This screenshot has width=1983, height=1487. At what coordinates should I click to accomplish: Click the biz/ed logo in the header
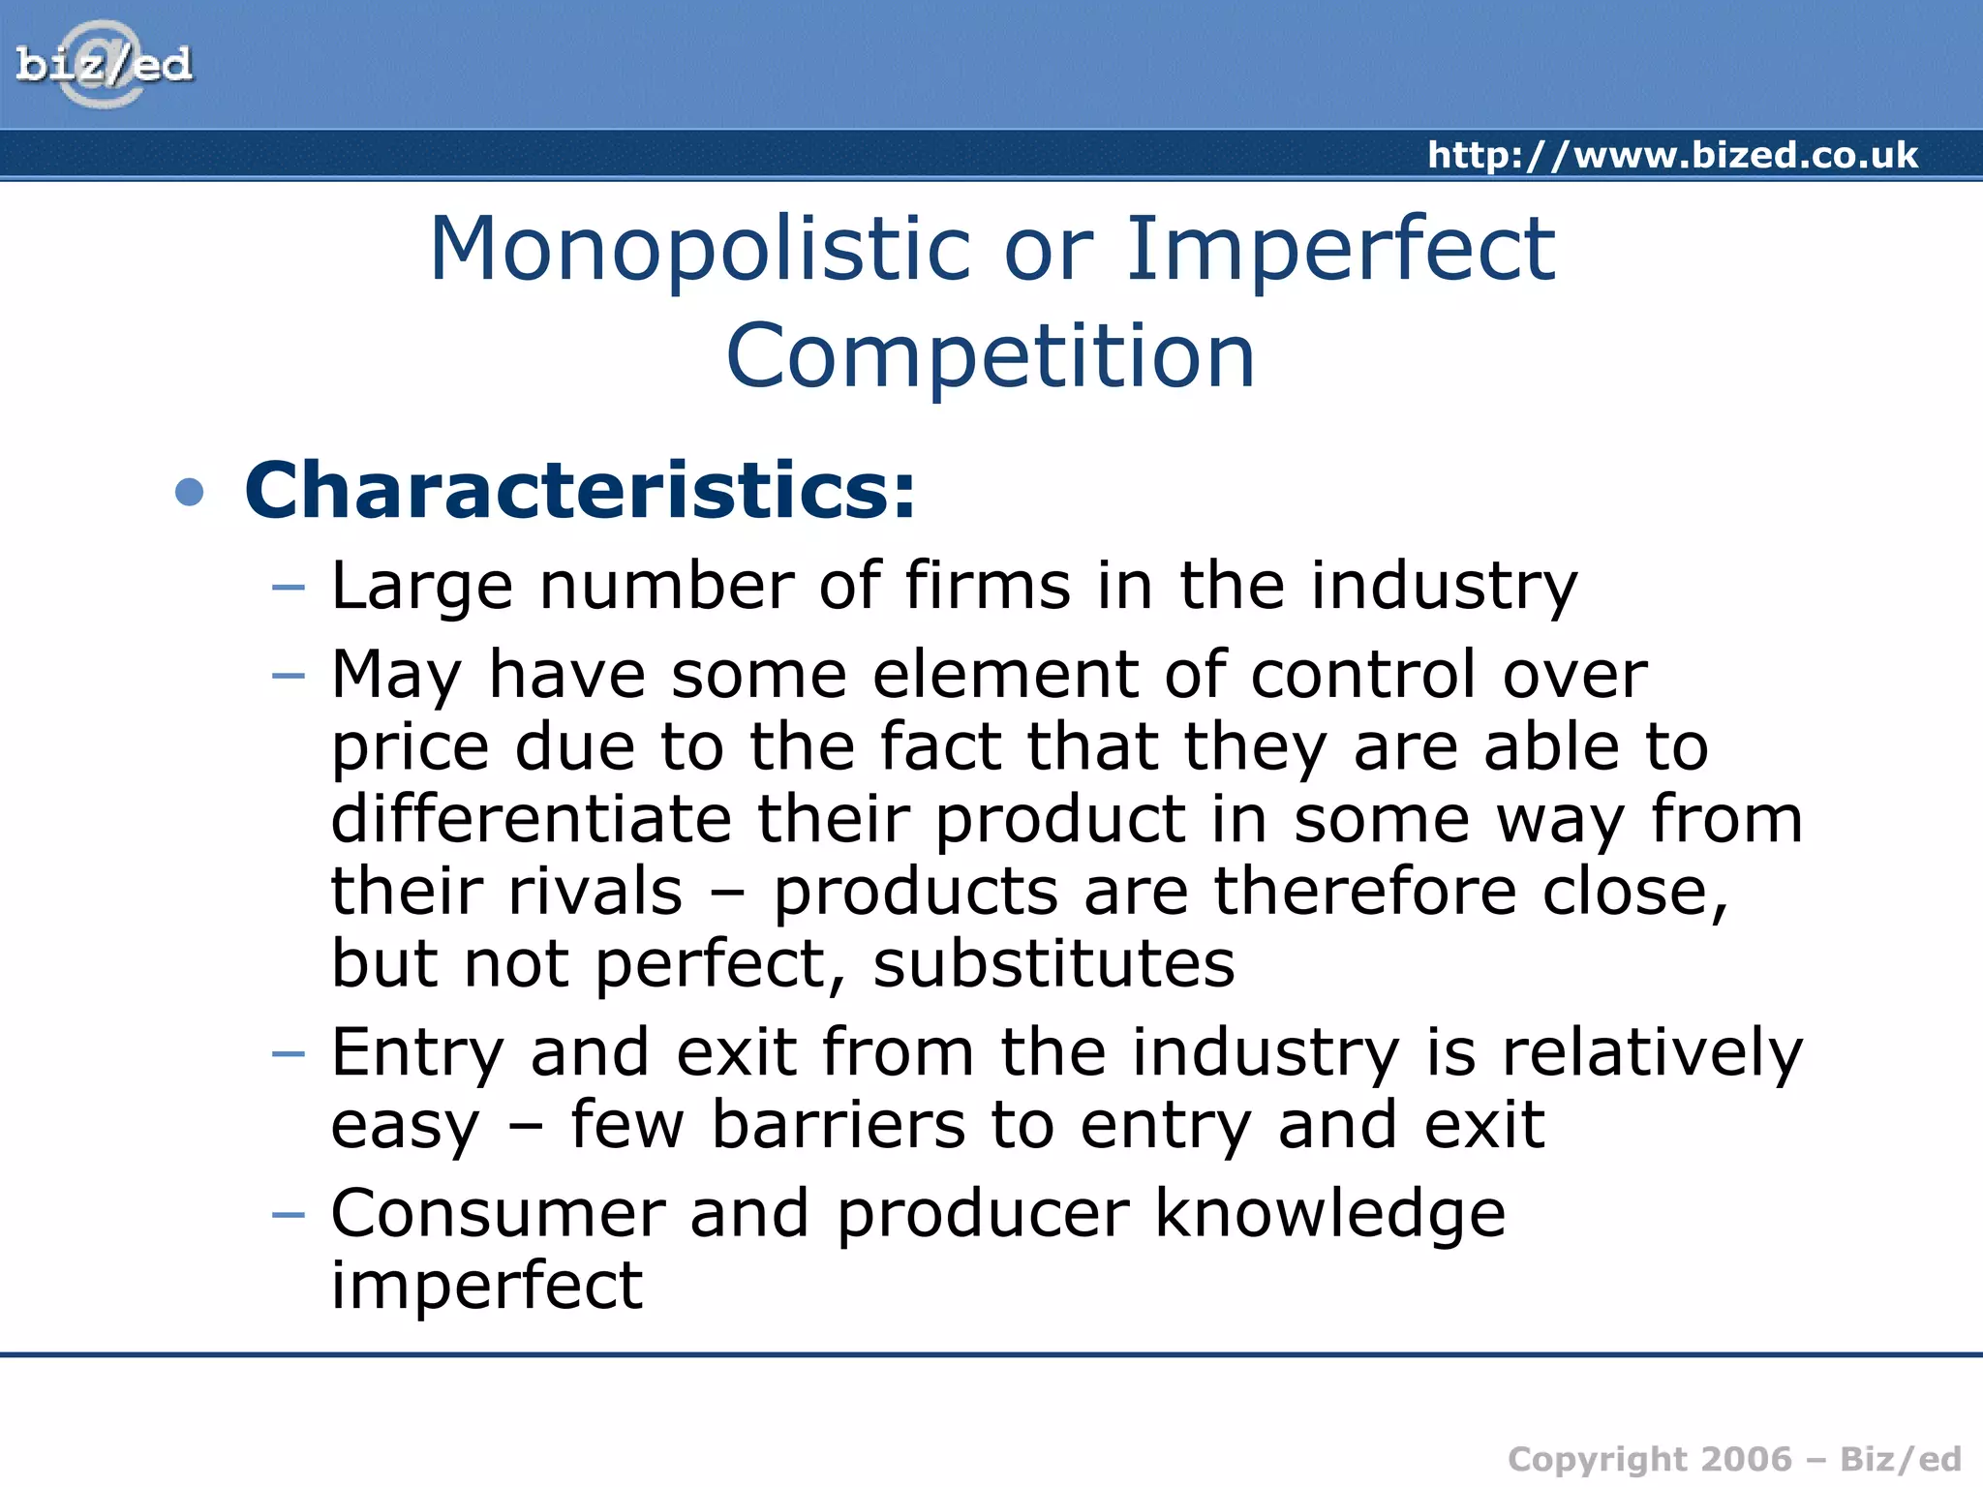point(104,65)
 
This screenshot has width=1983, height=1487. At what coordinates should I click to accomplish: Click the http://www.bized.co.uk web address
point(1672,155)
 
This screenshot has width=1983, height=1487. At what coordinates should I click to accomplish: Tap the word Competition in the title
point(991,356)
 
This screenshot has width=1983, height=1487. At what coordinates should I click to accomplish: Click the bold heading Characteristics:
point(579,491)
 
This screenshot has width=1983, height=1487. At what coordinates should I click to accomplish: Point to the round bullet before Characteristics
point(190,492)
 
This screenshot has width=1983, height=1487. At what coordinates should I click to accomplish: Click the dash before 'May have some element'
point(289,674)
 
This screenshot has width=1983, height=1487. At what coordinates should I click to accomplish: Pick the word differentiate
point(531,819)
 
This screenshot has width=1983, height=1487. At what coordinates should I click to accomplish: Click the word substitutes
point(1053,963)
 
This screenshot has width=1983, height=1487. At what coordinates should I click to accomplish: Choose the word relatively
point(1652,1052)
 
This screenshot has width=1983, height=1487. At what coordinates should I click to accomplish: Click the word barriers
point(839,1125)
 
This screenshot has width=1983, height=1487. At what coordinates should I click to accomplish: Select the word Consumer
point(498,1213)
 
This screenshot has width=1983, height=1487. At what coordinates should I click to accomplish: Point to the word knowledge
point(1330,1215)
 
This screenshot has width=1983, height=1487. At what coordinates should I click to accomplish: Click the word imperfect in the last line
point(486,1286)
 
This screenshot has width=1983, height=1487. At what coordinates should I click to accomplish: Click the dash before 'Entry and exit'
point(289,1052)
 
